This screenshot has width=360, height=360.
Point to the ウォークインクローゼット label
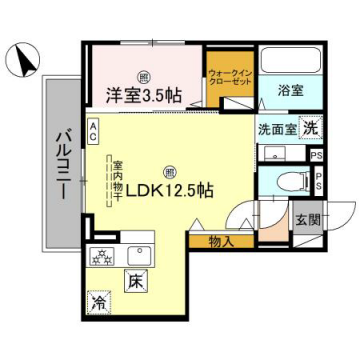(229, 78)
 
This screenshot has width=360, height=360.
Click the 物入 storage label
(222, 242)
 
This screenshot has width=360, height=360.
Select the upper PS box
(317, 155)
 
